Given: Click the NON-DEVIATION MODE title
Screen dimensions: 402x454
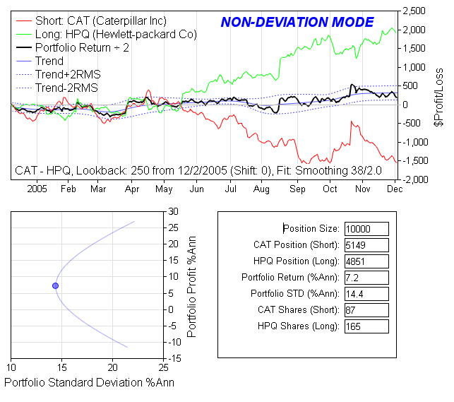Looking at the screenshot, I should pyautogui.click(x=297, y=22).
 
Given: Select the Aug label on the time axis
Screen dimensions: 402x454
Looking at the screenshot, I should pyautogui.click(x=261, y=190).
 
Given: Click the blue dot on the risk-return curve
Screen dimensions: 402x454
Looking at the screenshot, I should pyautogui.click(x=55, y=285).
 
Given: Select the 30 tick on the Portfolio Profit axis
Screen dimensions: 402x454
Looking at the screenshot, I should pyautogui.click(x=174, y=211).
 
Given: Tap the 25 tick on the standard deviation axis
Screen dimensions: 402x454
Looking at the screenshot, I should pyautogui.click(x=163, y=367).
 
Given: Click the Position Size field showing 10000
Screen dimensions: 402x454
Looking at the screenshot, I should pyautogui.click(x=366, y=228).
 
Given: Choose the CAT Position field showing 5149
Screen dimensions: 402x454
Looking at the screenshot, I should pyautogui.click(x=366, y=244).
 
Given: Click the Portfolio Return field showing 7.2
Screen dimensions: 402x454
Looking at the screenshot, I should pyautogui.click(x=366, y=277).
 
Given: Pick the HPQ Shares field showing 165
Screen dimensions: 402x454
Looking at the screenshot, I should pyautogui.click(x=366, y=326).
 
